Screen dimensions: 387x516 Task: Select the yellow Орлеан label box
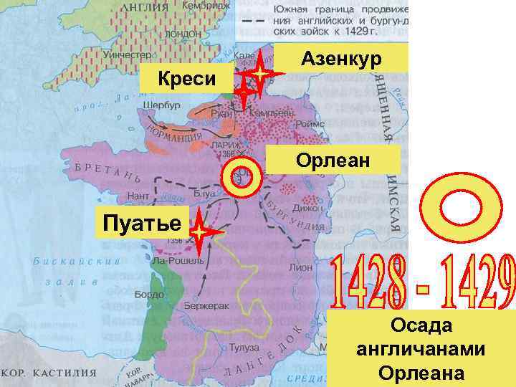click(x=333, y=160)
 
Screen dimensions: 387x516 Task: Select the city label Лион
click(x=300, y=266)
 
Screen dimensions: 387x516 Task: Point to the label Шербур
click(x=161, y=105)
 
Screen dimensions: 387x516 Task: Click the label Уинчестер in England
click(x=126, y=54)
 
